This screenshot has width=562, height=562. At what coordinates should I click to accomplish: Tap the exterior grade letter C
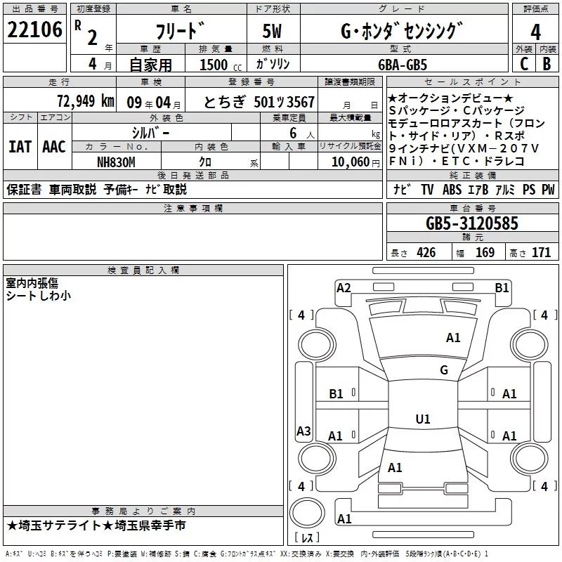(x=523, y=63)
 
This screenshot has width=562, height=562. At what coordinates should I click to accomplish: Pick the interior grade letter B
(x=547, y=63)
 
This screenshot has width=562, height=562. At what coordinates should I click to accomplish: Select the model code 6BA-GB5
(x=412, y=63)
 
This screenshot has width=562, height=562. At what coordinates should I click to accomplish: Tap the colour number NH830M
(x=117, y=161)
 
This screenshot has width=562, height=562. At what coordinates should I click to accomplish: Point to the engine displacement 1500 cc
(x=215, y=64)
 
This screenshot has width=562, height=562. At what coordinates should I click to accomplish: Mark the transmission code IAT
(x=20, y=146)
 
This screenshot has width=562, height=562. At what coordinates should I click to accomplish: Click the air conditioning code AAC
(x=53, y=146)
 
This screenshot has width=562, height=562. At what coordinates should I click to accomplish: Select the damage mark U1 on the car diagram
(x=422, y=419)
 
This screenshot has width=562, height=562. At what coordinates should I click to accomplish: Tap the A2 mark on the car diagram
(x=344, y=287)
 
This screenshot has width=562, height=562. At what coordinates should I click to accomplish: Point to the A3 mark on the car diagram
(x=303, y=431)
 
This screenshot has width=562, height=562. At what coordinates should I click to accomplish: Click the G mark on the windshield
(x=443, y=370)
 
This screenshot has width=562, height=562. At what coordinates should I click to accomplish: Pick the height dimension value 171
(x=541, y=253)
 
